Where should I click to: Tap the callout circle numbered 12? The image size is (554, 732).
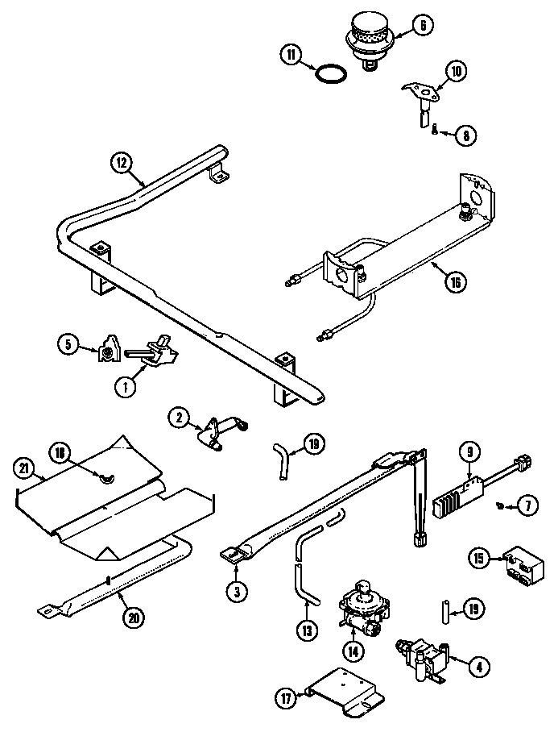point(120,162)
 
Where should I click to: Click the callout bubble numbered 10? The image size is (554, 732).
point(456,71)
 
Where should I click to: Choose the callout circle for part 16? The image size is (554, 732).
point(455,283)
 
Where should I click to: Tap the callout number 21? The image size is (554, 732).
point(24,468)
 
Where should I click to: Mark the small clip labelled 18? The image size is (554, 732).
point(104,480)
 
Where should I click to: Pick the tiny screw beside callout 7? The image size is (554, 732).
point(501,505)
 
